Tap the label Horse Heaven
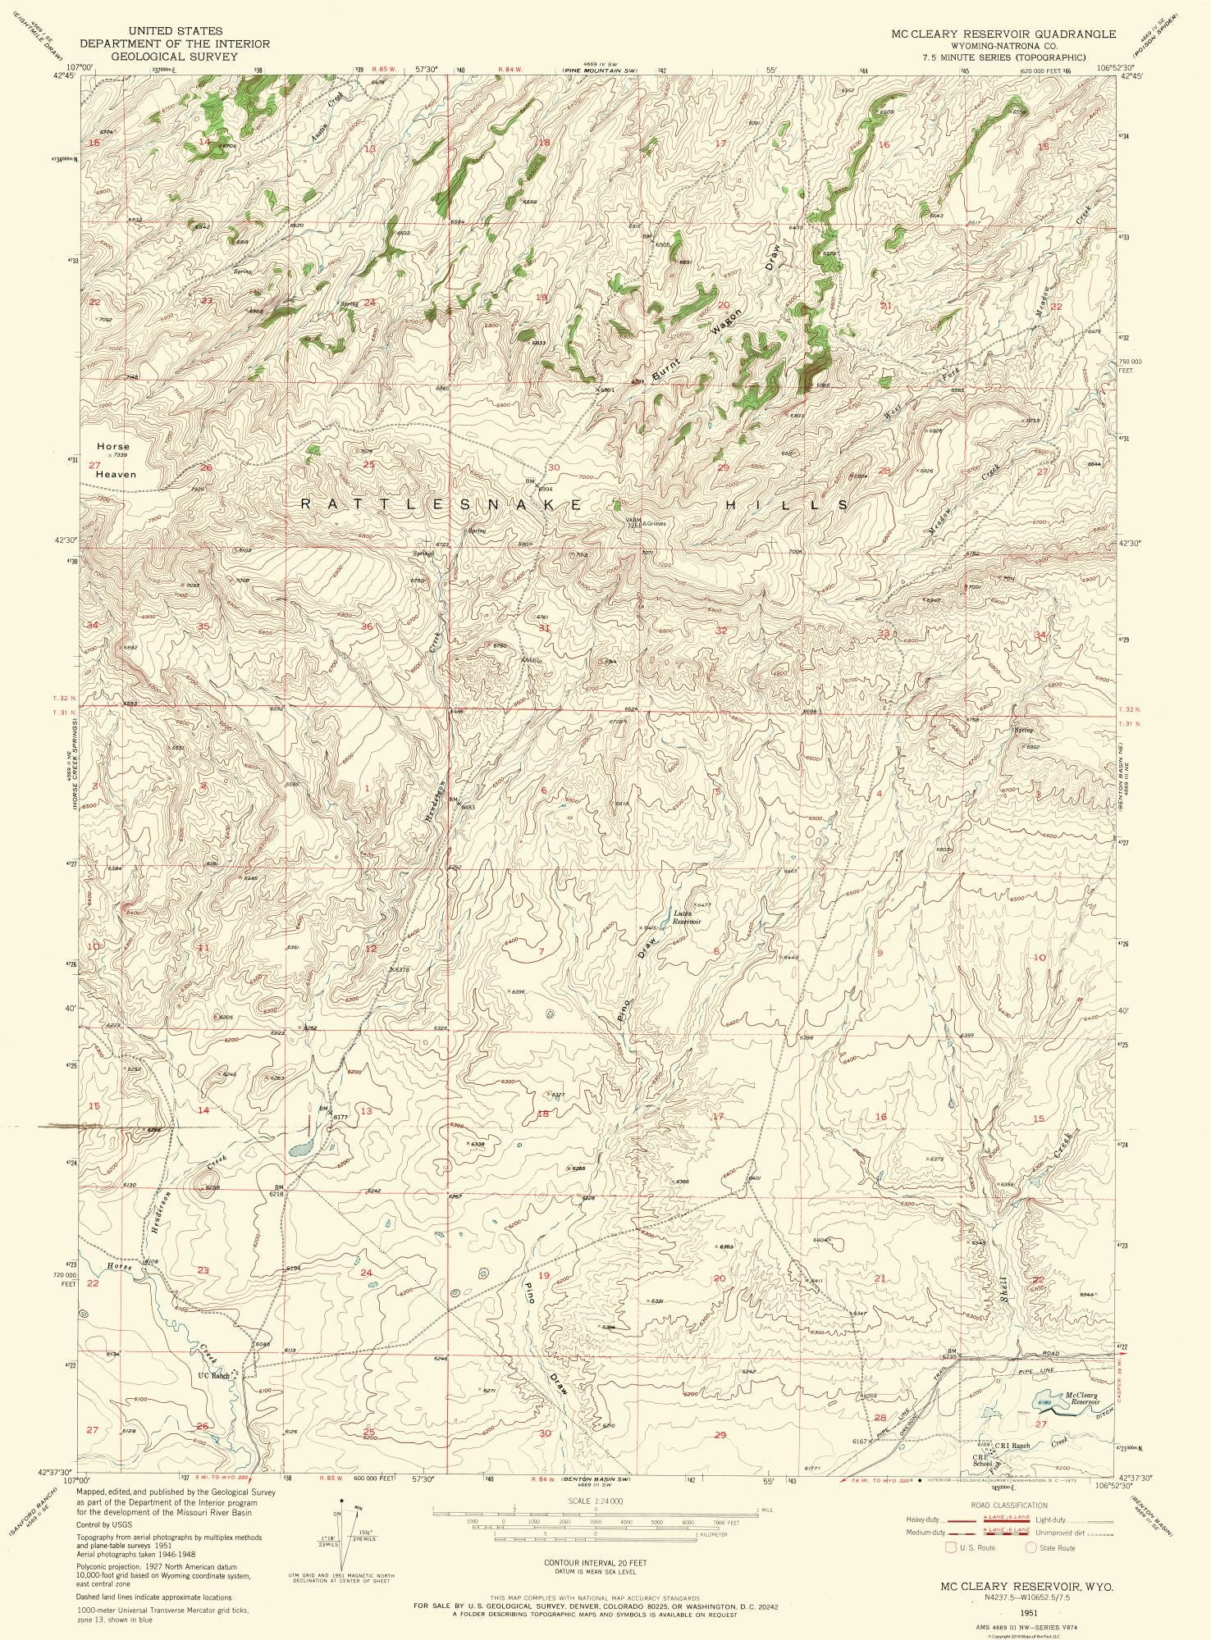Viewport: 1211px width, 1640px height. [114, 460]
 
